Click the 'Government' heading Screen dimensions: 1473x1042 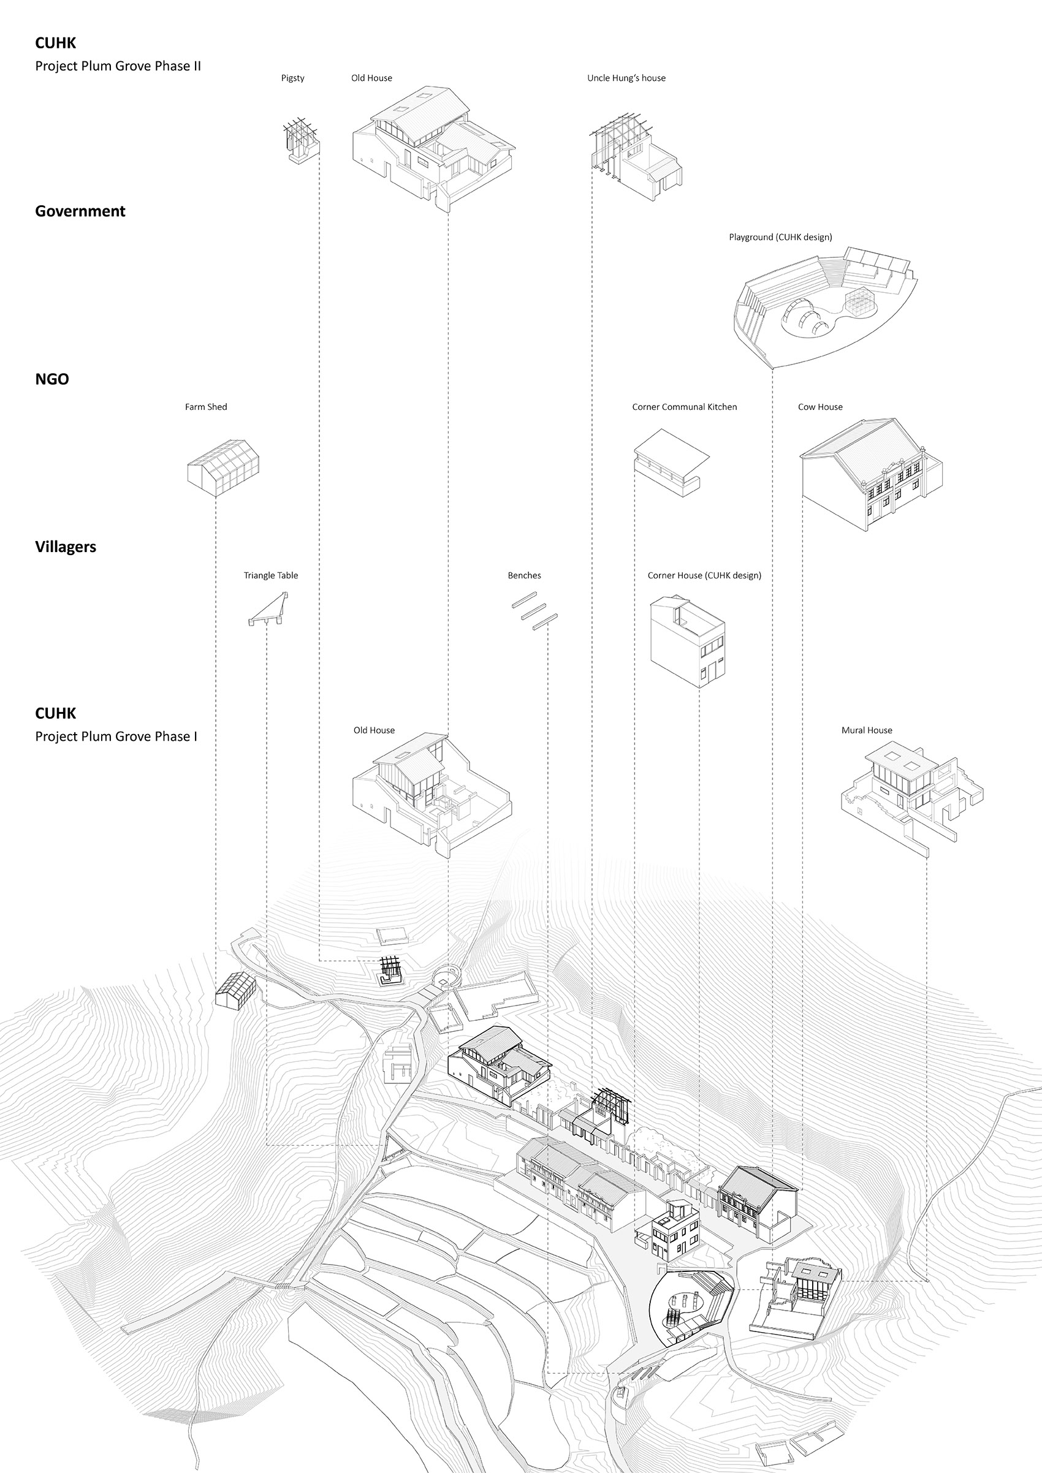pyautogui.click(x=80, y=211)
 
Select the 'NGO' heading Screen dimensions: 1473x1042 pyautogui.click(x=52, y=379)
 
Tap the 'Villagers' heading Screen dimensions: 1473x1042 pyautogui.click(x=66, y=547)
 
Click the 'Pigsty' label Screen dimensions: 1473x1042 pyautogui.click(x=292, y=78)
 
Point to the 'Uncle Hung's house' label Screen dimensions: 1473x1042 pyautogui.click(x=626, y=78)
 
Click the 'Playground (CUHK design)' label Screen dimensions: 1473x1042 pyautogui.click(x=780, y=237)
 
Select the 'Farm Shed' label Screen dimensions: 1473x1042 pyautogui.click(x=206, y=407)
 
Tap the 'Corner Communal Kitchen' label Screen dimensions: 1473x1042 pyautogui.click(x=685, y=407)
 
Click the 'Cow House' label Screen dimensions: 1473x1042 pyautogui.click(x=820, y=407)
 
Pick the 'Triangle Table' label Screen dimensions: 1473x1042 pyautogui.click(x=271, y=575)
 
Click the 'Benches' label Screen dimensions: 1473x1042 pyautogui.click(x=524, y=575)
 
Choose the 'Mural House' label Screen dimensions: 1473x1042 pyautogui.click(x=867, y=730)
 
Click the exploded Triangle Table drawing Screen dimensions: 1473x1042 pyautogui.click(x=269, y=610)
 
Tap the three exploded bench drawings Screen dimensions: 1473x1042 pyautogui.click(x=534, y=611)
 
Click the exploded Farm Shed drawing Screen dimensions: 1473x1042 pyautogui.click(x=223, y=467)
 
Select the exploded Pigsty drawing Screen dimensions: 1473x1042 pyautogui.click(x=301, y=140)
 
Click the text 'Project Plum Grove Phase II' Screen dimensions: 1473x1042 pyautogui.click(x=118, y=66)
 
